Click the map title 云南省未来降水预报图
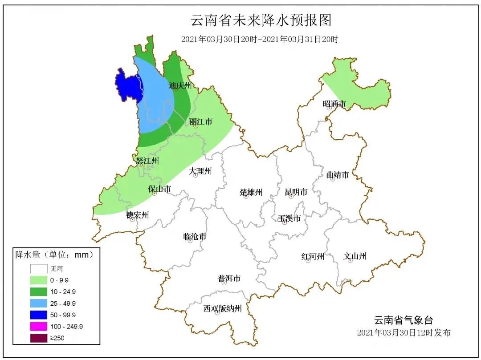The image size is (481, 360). coord(261,20)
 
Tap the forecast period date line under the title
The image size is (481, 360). coord(260,39)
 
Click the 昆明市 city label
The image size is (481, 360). coord(296,192)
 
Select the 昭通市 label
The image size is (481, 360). coord(334,104)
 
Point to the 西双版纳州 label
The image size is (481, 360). coord(222,308)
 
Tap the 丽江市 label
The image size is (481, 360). coord(200,121)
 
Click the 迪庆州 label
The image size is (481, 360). coord(180,85)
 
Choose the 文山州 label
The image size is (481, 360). coord(355,256)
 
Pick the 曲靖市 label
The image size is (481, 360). coord(337,175)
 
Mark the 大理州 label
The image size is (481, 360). coord(200,171)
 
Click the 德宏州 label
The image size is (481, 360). coord(137,215)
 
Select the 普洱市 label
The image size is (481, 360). coord(229,279)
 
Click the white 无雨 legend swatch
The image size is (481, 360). coord(39,269)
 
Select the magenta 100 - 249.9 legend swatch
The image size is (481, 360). coord(39,327)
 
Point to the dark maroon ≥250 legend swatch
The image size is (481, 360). coord(39,338)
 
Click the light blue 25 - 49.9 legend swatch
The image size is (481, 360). coord(39,303)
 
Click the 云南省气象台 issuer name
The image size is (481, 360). coord(403,320)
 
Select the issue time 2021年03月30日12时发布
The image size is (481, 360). coord(404,333)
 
